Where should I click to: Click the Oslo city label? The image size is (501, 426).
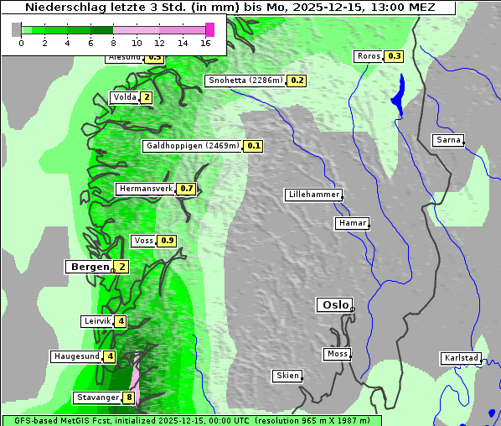click(x=334, y=305)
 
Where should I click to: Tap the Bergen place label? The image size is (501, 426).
click(x=88, y=267)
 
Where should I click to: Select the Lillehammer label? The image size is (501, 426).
click(x=313, y=195)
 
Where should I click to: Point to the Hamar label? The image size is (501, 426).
click(x=351, y=223)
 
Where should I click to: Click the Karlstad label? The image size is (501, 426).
click(x=461, y=358)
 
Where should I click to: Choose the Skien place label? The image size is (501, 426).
click(x=287, y=376)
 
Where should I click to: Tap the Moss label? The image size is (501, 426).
click(x=337, y=354)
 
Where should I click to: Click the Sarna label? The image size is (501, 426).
click(x=448, y=140)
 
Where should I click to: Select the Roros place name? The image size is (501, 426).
click(x=368, y=56)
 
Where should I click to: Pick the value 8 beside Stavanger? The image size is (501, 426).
click(x=129, y=397)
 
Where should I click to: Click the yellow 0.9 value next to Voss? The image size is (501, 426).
click(x=168, y=241)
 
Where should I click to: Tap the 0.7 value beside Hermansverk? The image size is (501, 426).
click(x=187, y=189)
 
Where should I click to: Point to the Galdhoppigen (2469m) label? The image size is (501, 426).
click(x=193, y=146)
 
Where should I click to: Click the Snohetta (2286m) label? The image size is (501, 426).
click(x=245, y=81)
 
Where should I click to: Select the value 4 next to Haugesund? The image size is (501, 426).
click(x=110, y=356)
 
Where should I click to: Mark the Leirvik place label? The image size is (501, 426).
click(x=97, y=321)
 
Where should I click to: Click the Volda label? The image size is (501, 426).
click(x=124, y=97)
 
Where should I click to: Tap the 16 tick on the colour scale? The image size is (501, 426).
click(x=205, y=43)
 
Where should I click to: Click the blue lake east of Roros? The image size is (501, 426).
click(x=398, y=93)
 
